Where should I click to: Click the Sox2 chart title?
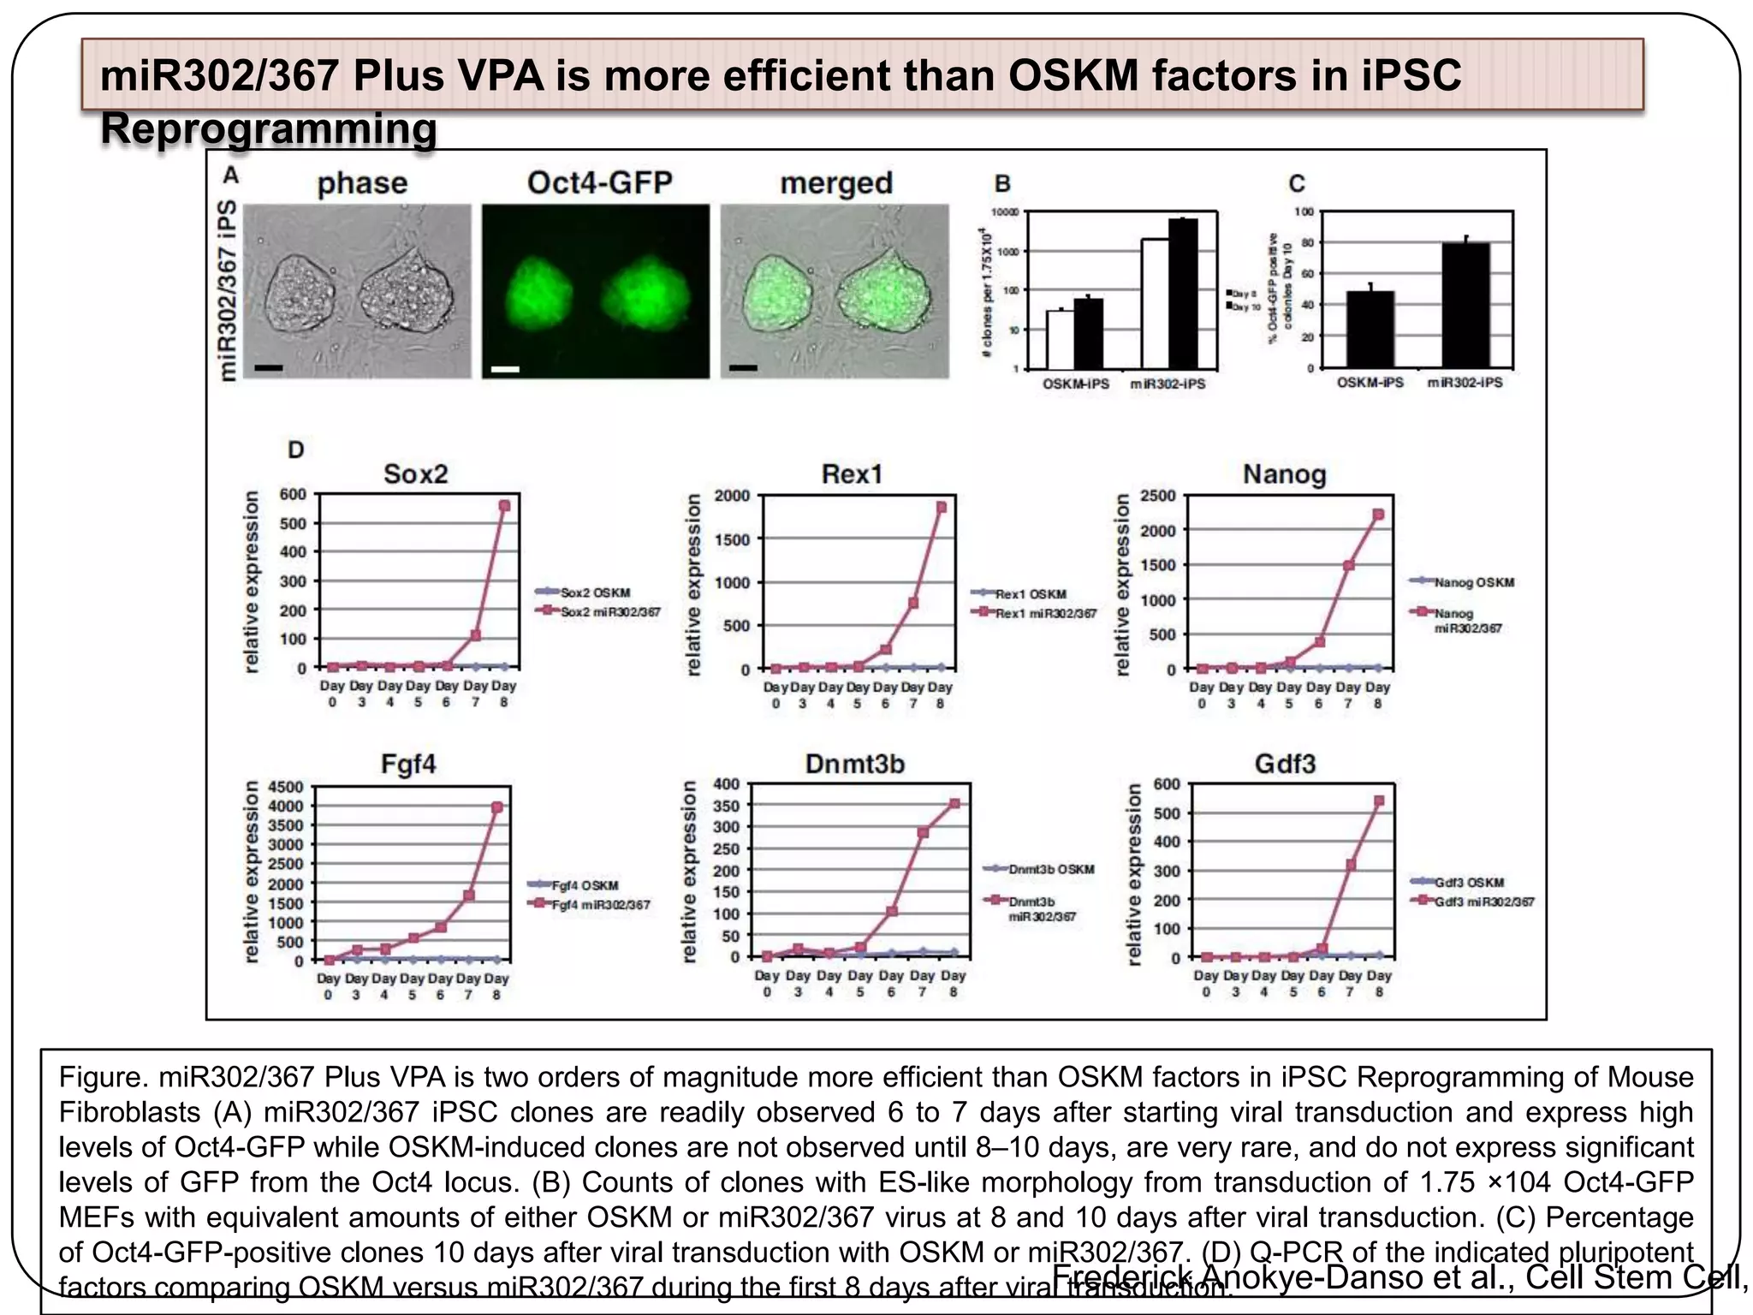pos(415,473)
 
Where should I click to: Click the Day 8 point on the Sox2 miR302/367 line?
pos(504,506)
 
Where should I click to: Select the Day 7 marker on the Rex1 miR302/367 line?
pos(913,603)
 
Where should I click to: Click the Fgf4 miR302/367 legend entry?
pos(591,904)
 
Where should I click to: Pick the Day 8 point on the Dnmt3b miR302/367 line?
pos(954,803)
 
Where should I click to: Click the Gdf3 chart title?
pos(1284,764)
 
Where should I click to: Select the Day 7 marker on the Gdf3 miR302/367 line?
pos(1351,865)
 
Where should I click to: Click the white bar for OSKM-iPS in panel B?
pos(1061,339)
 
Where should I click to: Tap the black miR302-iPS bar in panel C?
pos(1465,305)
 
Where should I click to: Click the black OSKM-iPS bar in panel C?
pos(1370,329)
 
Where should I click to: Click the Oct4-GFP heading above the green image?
pos(599,182)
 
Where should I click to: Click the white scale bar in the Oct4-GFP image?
pos(506,369)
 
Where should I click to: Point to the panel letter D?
pos(295,449)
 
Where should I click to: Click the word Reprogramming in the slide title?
pos(269,129)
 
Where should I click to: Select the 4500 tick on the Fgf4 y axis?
pos(285,787)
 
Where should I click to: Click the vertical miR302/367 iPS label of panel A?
pos(227,291)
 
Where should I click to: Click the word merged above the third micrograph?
pos(836,183)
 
